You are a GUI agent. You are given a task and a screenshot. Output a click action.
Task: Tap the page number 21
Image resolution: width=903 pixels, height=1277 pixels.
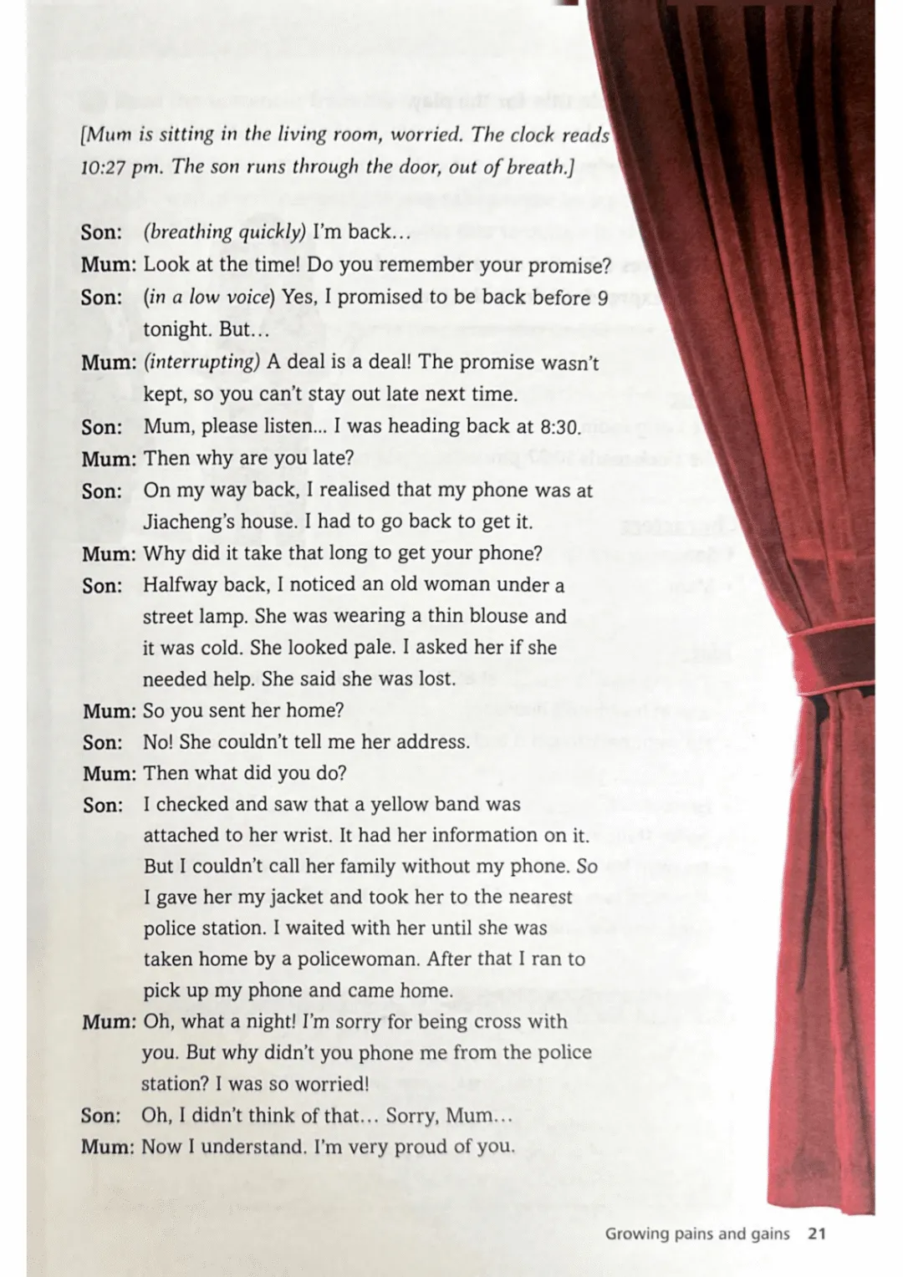coord(817,1233)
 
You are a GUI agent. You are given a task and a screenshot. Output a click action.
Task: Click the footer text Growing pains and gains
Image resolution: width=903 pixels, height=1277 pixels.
coord(696,1233)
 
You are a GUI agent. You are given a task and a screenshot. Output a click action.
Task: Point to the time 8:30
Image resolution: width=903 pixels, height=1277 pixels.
coord(559,426)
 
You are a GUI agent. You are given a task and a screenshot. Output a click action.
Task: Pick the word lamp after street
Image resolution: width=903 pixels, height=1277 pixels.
coord(224,617)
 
